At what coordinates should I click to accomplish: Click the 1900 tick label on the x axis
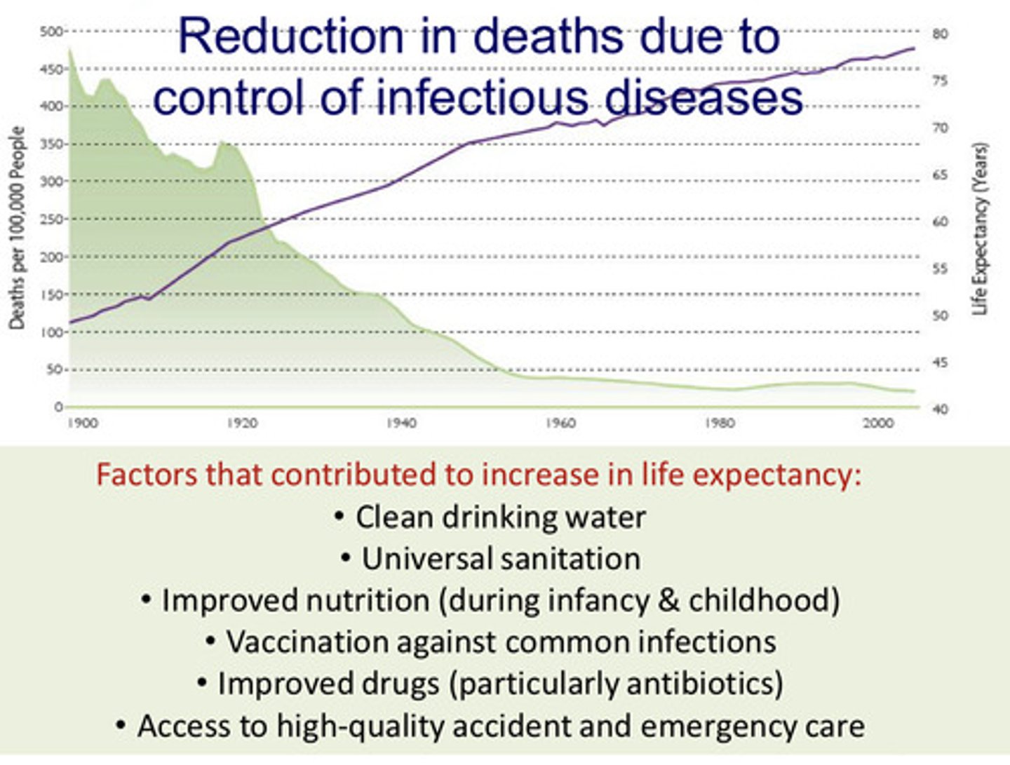tap(83, 423)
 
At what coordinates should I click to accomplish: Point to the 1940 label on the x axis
tap(401, 423)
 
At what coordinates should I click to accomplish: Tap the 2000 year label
tap(878, 423)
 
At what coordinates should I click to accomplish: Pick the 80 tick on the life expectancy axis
tap(940, 34)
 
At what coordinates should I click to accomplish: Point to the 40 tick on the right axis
tap(940, 409)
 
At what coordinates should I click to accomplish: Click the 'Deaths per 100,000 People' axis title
tap(17, 228)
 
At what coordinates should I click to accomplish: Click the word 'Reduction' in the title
tap(290, 36)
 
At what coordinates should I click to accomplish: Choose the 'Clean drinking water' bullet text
tap(500, 517)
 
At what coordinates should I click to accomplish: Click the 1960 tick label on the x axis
tap(560, 423)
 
